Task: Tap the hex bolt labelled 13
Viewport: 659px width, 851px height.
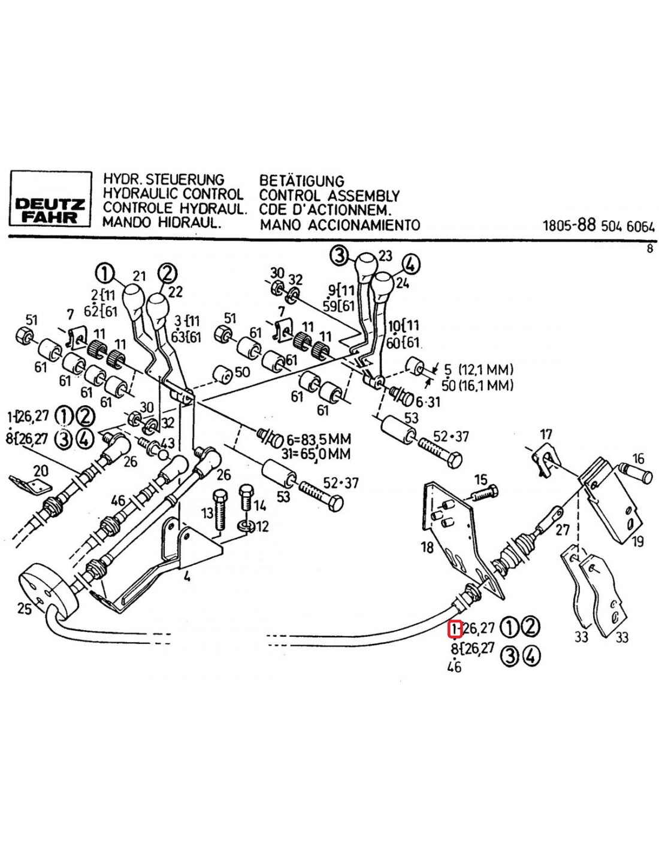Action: [x=219, y=510]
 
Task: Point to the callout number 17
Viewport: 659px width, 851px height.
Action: [x=545, y=434]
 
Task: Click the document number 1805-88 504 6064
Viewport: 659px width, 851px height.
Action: [x=598, y=226]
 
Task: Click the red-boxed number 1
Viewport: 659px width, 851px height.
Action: [x=455, y=628]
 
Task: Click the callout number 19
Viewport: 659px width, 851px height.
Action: [x=637, y=542]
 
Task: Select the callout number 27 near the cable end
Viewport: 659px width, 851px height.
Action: [x=563, y=530]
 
